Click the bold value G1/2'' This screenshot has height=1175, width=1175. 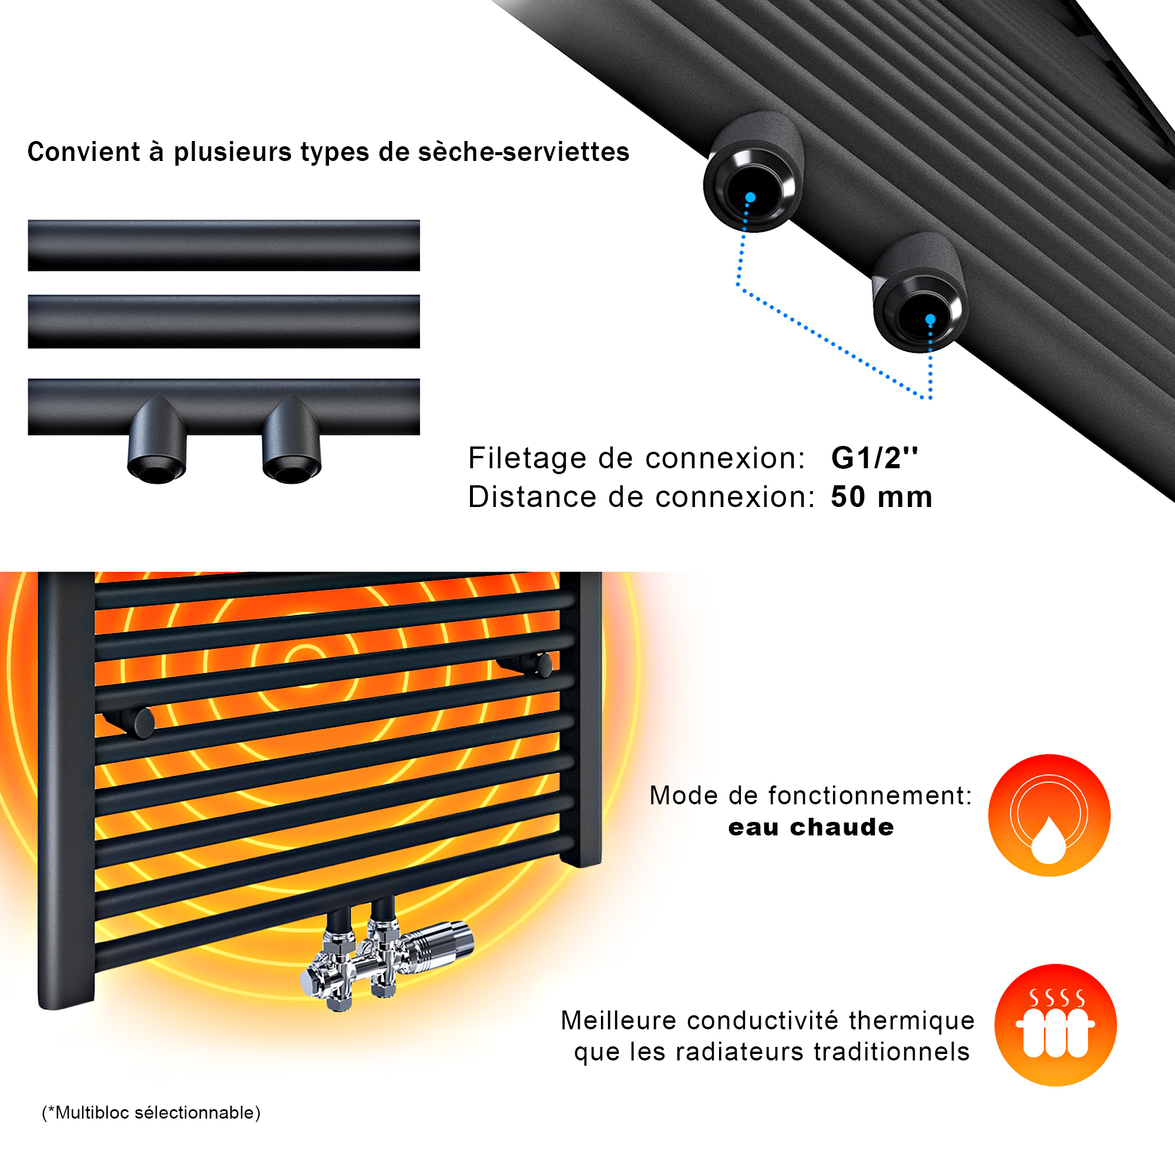(875, 459)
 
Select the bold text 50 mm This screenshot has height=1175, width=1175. (882, 497)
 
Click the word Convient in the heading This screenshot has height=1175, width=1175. (84, 152)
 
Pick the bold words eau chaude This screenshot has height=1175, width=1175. (811, 827)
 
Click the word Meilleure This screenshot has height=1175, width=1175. (619, 1020)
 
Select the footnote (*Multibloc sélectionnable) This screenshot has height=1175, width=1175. (151, 1112)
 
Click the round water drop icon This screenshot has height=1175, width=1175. (1049, 815)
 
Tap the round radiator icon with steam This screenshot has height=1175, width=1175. (1055, 1025)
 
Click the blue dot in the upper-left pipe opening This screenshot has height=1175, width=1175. (750, 197)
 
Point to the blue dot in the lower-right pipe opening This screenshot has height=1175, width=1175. (931, 319)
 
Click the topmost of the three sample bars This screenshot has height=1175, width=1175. (224, 246)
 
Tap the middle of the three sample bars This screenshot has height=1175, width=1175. (224, 322)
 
